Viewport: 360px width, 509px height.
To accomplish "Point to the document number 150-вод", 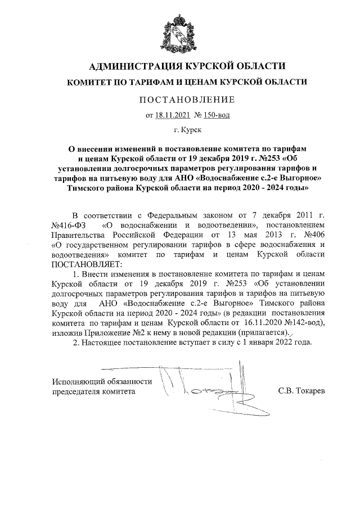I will click(215, 116).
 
